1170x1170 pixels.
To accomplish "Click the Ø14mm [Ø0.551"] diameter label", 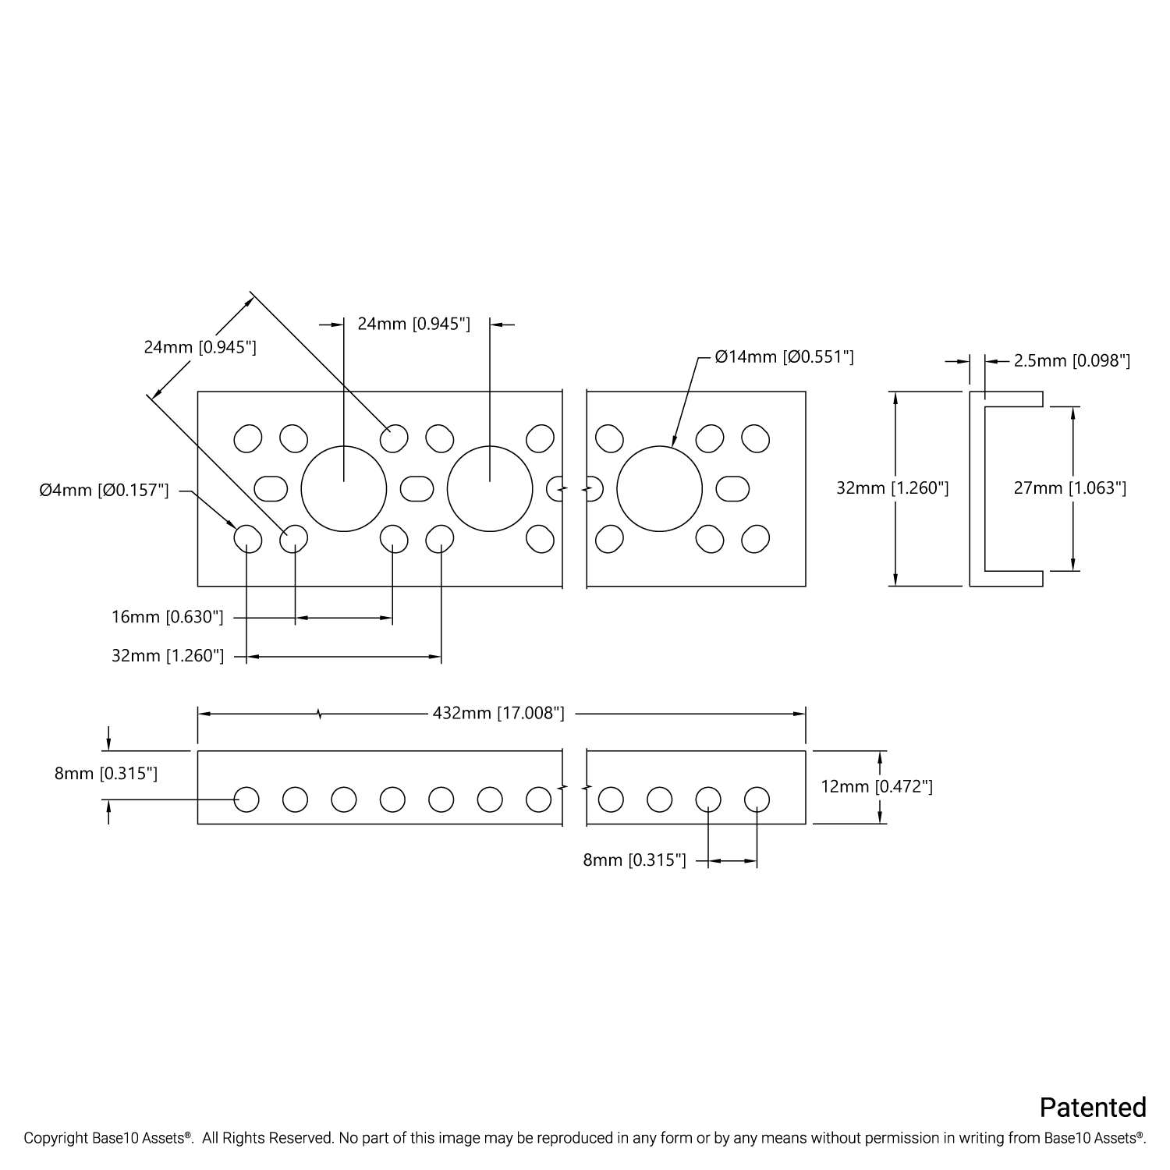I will coord(784,357).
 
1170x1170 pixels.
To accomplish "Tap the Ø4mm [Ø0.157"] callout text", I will coord(104,491).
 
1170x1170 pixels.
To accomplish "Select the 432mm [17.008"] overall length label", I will coord(498,713).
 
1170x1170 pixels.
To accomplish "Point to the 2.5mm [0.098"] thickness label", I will coord(1072,361).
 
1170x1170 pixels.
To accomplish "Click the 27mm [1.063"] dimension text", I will coord(1070,488).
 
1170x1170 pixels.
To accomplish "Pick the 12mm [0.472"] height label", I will coord(877,786).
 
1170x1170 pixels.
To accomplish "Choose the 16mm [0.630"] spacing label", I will coord(168,618).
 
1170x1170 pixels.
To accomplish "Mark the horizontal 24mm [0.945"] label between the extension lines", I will coord(413,324).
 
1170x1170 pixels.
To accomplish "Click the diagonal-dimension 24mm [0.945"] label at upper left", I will coord(200,347).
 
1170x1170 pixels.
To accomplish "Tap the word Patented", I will coord(1093,1108).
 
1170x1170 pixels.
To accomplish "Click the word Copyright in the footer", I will coord(53,1139).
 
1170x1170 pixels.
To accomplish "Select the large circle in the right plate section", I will coord(659,489).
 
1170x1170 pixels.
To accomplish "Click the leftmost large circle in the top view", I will coord(344,489).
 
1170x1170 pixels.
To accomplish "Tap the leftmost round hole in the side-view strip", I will coord(246,799).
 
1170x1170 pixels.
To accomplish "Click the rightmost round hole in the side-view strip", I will coord(757,799).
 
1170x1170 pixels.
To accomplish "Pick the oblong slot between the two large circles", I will coord(417,489).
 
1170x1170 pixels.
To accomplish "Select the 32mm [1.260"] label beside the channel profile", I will coord(892,488).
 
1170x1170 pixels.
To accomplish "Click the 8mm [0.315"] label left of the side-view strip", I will coord(106,774).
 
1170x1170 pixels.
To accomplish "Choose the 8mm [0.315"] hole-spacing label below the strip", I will coord(634,860).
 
